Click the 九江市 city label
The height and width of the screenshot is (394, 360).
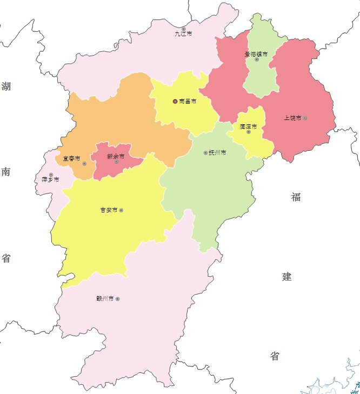tap(183, 34)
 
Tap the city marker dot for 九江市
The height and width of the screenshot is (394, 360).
tap(184, 29)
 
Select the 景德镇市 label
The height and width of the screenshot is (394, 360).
tap(256, 54)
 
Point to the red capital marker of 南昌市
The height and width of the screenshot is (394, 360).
tap(175, 101)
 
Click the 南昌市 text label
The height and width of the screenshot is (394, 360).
tap(187, 101)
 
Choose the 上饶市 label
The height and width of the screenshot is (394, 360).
tap(292, 118)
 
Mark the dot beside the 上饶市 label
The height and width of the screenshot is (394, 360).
tap(305, 118)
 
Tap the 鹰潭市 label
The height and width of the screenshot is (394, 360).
tap(248, 126)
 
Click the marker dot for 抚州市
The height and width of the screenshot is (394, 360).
tap(205, 153)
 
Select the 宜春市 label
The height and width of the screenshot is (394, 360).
tap(71, 159)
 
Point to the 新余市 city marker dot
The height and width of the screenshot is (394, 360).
tap(116, 162)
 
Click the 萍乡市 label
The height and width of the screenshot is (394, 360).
tap(50, 179)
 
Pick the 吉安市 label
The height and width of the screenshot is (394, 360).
tap(109, 210)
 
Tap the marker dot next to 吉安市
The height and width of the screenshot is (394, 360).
tap(121, 210)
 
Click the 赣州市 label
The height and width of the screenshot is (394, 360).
tap(104, 298)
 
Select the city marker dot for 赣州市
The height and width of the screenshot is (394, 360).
tap(117, 299)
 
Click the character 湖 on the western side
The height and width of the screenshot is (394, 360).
tap(6, 86)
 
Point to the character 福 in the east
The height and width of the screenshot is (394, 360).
tap(296, 197)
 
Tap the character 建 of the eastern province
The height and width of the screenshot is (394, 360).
tap(286, 277)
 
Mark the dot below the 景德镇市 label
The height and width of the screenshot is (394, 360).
tap(257, 59)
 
